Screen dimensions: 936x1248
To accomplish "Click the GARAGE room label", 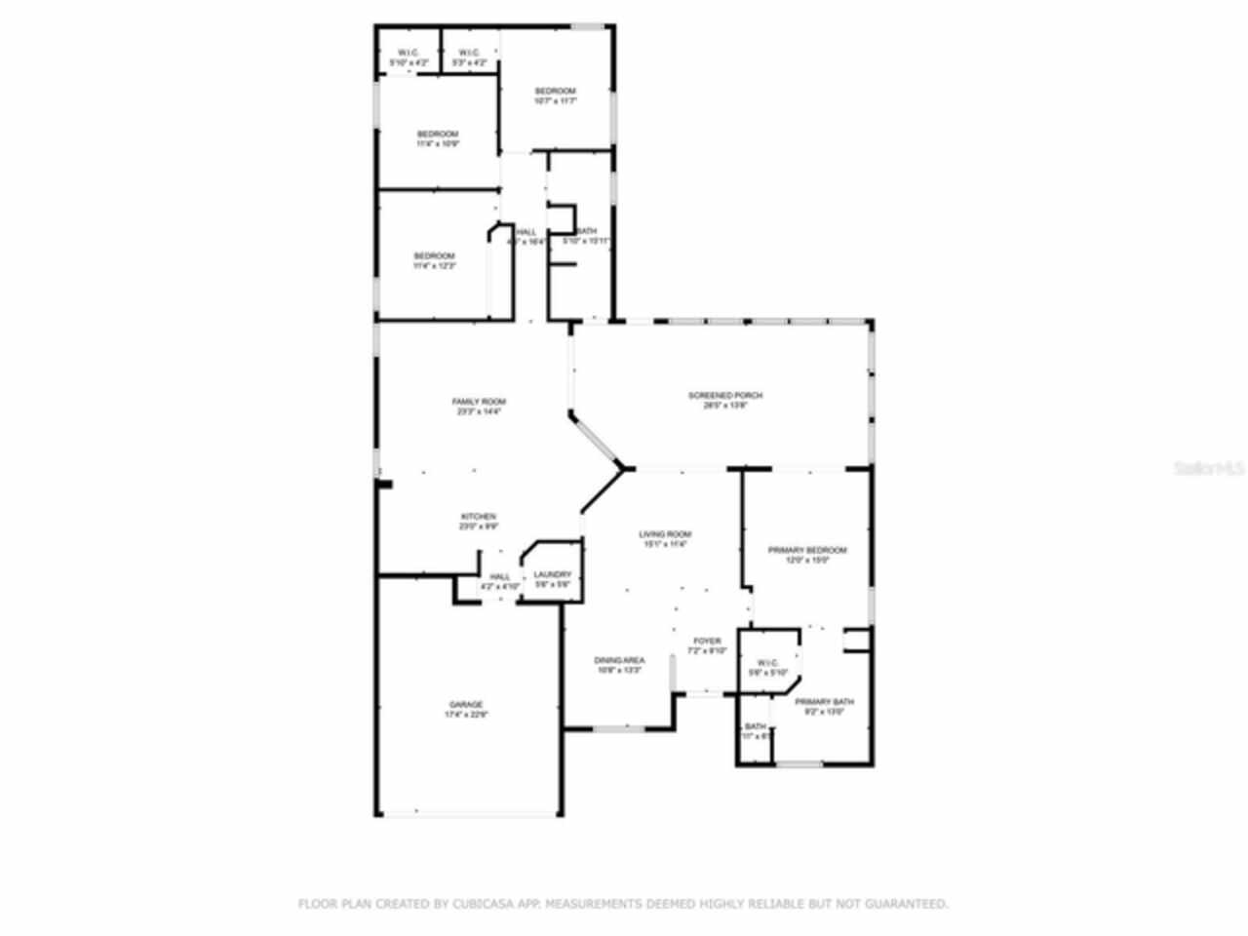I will [x=465, y=704].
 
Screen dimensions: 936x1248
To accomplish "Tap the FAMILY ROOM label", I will [x=479, y=402].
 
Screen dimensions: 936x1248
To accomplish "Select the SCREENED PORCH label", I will [x=724, y=395].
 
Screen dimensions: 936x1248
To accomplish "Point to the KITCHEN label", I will [x=479, y=516].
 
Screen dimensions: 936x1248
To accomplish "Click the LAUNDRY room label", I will [x=552, y=575].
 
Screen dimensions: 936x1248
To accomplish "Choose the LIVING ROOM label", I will [x=665, y=534].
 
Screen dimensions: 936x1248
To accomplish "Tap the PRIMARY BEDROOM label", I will [x=806, y=550].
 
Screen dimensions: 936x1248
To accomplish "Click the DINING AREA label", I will [x=619, y=660].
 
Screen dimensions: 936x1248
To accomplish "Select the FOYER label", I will [x=707, y=641].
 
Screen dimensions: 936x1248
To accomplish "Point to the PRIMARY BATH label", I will [x=824, y=702].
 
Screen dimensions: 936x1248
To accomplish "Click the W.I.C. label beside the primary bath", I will [x=766, y=662].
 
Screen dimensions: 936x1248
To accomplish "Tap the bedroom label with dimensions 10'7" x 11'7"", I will [x=555, y=91].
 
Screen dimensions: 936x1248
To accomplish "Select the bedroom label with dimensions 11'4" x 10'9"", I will [x=437, y=134].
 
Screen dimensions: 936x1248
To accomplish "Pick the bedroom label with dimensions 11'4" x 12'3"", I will [x=434, y=255].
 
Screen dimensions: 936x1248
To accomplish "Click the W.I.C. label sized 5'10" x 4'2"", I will [x=409, y=53].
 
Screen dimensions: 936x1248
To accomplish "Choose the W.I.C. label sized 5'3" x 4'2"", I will [x=468, y=53].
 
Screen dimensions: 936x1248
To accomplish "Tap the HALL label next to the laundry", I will [x=499, y=576].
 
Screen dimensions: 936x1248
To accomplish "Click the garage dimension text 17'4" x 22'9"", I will [x=465, y=715].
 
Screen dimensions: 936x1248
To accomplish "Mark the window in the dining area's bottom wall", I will [x=619, y=727].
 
